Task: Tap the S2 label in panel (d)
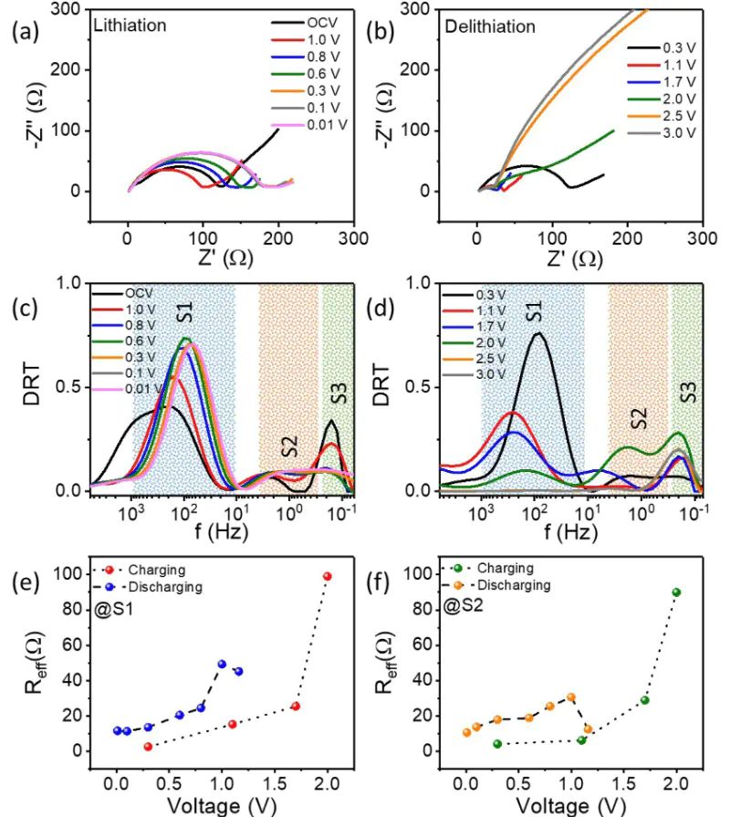pyautogui.click(x=640, y=419)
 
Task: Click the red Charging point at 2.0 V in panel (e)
pyautogui.click(x=328, y=576)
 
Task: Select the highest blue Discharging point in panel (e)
pyautogui.click(x=222, y=665)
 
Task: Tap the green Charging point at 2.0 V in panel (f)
pyautogui.click(x=676, y=592)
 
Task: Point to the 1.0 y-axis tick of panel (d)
pyautogui.click(x=421, y=284)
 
